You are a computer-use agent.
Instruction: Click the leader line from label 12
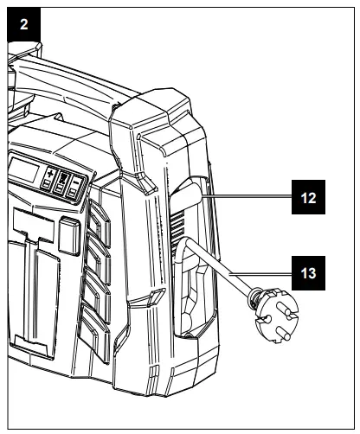tap(247, 197)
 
